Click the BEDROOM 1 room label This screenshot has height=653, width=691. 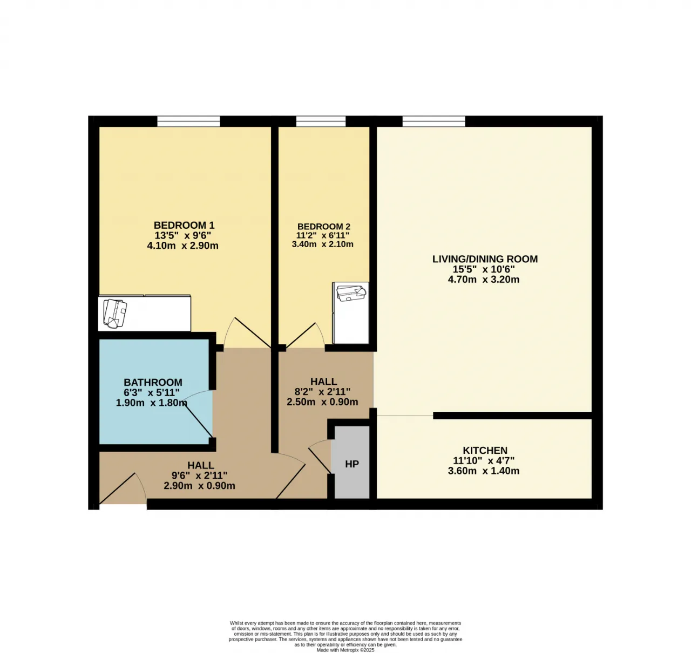(184, 225)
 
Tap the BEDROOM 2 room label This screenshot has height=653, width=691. (324, 227)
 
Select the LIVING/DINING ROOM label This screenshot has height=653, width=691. (485, 259)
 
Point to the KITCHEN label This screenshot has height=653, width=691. (485, 450)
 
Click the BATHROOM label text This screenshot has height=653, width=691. (153, 382)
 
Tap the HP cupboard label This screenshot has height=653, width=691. (352, 464)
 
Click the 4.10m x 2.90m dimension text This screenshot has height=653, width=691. (182, 246)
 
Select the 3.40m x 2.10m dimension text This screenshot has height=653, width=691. (322, 244)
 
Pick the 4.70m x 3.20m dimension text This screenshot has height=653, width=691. (483, 280)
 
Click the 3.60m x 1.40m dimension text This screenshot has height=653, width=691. (483, 471)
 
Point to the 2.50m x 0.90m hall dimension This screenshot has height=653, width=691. (322, 402)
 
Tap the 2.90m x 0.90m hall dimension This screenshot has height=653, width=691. (199, 486)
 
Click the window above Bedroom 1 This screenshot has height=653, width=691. (188, 121)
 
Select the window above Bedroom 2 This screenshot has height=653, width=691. (321, 121)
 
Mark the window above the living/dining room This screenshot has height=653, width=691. (433, 121)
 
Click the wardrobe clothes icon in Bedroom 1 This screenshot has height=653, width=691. (114, 314)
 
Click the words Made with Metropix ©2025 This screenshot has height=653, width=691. (345, 650)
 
